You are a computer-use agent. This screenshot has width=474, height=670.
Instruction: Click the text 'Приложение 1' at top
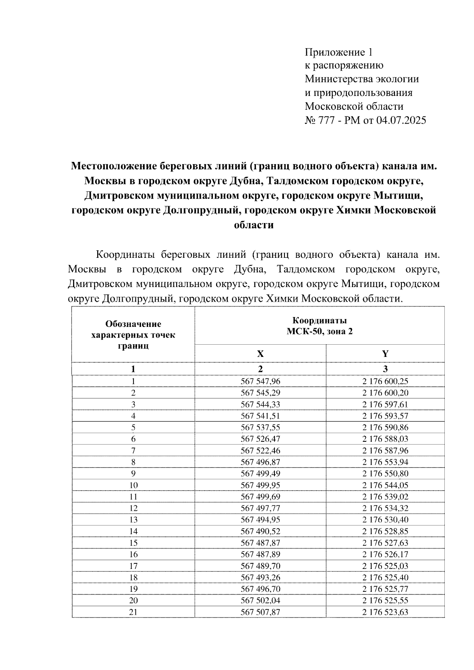point(339,52)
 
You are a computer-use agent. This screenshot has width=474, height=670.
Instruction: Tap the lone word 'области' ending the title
point(254,225)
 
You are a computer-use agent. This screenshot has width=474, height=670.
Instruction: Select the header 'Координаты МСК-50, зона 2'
point(320,326)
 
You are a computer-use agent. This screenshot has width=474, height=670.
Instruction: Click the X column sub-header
point(260,354)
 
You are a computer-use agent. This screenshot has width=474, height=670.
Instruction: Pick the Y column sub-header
point(385,354)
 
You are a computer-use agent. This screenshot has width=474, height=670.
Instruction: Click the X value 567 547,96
point(260,381)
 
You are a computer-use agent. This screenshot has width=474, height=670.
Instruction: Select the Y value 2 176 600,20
point(385,393)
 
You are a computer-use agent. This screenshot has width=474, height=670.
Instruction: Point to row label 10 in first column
point(134,485)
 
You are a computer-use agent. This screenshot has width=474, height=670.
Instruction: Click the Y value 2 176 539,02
point(385,497)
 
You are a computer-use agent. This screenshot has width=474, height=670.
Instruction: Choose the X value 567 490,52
point(260,531)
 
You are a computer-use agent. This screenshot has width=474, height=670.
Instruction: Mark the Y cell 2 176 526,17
point(385,554)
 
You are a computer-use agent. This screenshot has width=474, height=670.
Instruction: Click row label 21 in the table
point(134,612)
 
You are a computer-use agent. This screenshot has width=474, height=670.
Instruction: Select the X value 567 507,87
point(260,612)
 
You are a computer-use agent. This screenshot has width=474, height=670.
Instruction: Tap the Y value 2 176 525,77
point(385,589)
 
